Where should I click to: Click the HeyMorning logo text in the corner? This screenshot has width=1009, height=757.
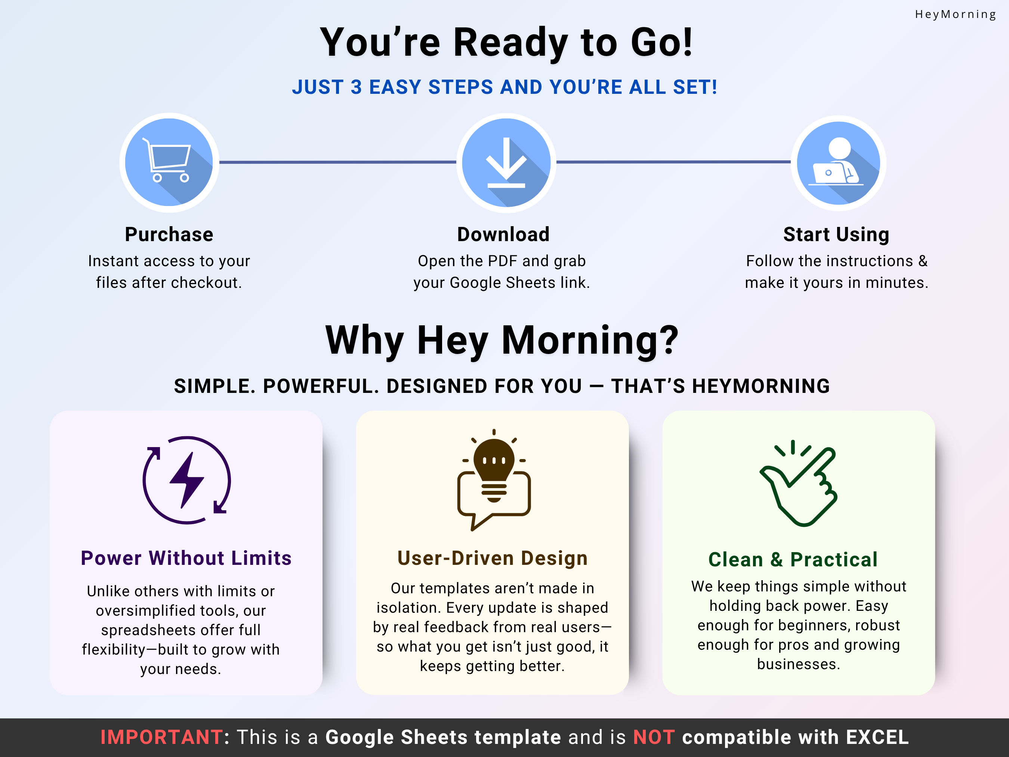(955, 15)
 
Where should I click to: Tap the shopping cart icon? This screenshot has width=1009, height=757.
(167, 160)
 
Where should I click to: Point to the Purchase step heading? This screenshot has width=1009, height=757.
(169, 234)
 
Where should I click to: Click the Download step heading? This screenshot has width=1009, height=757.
(504, 234)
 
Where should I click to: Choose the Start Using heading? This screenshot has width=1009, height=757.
(836, 234)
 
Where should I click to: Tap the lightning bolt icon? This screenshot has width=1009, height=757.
(186, 480)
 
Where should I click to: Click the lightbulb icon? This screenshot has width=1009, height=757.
(494, 480)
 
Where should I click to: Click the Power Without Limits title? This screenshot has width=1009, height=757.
(186, 558)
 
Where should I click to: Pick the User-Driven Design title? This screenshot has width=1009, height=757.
(493, 558)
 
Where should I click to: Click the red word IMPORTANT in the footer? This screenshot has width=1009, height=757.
(161, 738)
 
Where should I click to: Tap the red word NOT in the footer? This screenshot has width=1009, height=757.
(654, 738)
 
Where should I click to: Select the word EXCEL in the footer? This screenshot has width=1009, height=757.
(877, 738)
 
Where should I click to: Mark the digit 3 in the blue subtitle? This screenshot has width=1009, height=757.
(356, 87)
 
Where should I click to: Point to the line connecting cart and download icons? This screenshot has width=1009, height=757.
(338, 162)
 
